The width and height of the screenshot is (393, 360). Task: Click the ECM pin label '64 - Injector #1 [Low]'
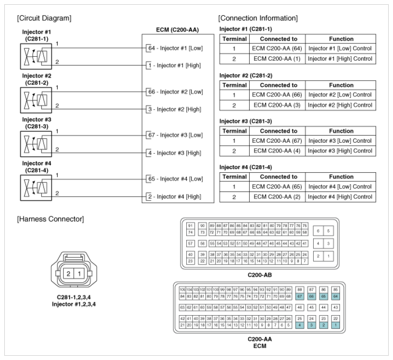[x=176, y=48]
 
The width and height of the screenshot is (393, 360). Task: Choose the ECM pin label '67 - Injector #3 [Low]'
[x=176, y=135]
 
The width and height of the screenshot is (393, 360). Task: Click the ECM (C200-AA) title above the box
[x=178, y=30]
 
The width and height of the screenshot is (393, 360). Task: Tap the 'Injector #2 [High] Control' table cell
[x=340, y=105]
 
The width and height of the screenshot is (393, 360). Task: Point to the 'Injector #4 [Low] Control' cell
[x=340, y=187]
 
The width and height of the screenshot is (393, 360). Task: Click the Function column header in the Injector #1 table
[x=340, y=39]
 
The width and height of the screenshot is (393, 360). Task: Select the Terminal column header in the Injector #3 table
[x=233, y=131]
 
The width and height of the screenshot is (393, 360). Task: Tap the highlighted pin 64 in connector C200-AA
[x=336, y=296]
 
